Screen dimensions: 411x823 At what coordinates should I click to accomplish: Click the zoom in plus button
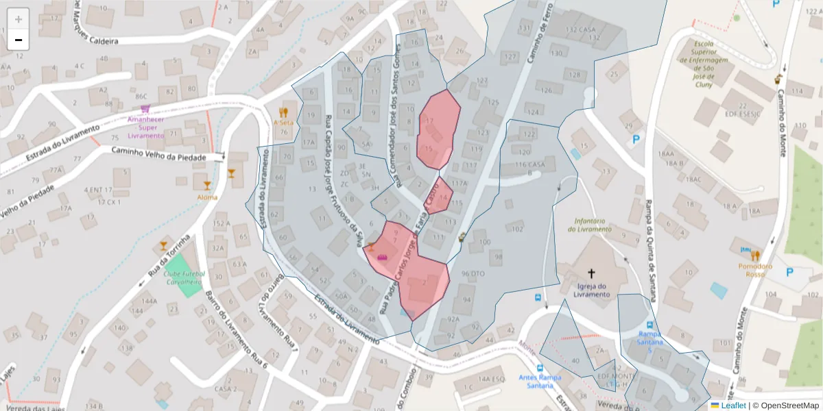click(x=19, y=19)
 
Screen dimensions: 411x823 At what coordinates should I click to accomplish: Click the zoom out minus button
click(x=19, y=40)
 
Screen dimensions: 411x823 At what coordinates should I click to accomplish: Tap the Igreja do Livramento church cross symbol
click(x=591, y=273)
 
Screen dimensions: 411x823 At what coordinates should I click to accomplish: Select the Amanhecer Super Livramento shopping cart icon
click(x=145, y=109)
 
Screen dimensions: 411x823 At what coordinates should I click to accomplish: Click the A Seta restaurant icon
click(x=283, y=112)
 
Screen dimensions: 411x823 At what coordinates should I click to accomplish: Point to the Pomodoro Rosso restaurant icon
click(x=755, y=256)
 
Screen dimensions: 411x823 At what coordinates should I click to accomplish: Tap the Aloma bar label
click(x=207, y=197)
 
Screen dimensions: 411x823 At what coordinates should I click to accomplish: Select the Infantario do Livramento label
click(x=589, y=225)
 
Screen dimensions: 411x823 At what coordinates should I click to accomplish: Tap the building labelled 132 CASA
click(x=581, y=30)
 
